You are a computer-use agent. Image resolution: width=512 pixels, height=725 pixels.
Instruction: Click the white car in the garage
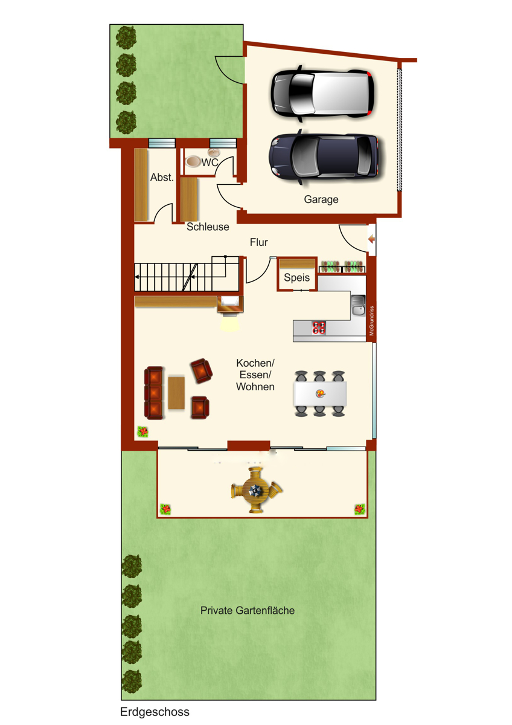[322, 94]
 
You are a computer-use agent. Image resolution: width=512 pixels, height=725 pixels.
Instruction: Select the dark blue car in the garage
[324, 156]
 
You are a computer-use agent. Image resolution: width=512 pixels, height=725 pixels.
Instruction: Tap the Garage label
[321, 199]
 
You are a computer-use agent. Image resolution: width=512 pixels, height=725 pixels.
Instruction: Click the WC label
[210, 162]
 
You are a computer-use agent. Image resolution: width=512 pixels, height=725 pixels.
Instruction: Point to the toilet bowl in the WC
[193, 161]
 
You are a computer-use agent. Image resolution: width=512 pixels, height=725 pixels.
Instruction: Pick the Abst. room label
[162, 177]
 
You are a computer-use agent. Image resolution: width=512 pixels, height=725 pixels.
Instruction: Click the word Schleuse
[208, 227]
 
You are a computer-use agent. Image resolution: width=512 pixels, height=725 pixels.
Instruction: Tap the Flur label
[259, 242]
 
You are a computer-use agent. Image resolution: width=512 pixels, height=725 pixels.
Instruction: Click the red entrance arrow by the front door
[371, 239]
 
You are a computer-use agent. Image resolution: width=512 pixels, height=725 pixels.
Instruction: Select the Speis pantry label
[296, 277]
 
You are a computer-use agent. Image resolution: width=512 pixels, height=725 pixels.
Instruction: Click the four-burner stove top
[319, 327]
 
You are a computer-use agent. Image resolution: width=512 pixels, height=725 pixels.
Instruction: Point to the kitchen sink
[359, 306]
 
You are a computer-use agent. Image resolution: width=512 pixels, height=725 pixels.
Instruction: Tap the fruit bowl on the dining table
[320, 393]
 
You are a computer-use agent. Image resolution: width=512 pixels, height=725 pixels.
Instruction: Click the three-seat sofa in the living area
[153, 393]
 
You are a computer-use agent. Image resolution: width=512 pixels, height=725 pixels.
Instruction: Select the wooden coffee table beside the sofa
[176, 393]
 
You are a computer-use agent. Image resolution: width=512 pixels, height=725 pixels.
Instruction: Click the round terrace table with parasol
[256, 491]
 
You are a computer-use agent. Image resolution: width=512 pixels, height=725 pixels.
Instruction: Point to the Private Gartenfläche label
[248, 610]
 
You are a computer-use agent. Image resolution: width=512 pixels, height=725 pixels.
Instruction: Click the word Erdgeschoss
[155, 712]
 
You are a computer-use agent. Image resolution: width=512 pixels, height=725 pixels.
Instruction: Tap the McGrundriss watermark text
[371, 321]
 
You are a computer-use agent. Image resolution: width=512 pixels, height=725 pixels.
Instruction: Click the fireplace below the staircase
[230, 305]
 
